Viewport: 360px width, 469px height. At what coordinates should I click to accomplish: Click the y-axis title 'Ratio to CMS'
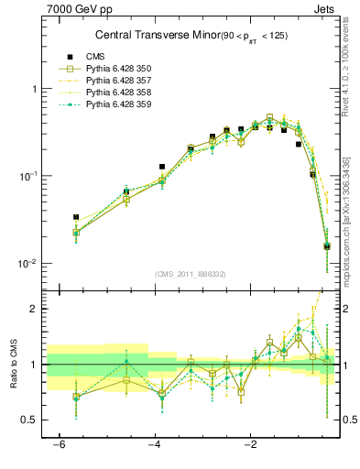pyautogui.click(x=14, y=378)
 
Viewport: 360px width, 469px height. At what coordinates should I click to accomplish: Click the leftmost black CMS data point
pyautogui.click(x=76, y=217)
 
